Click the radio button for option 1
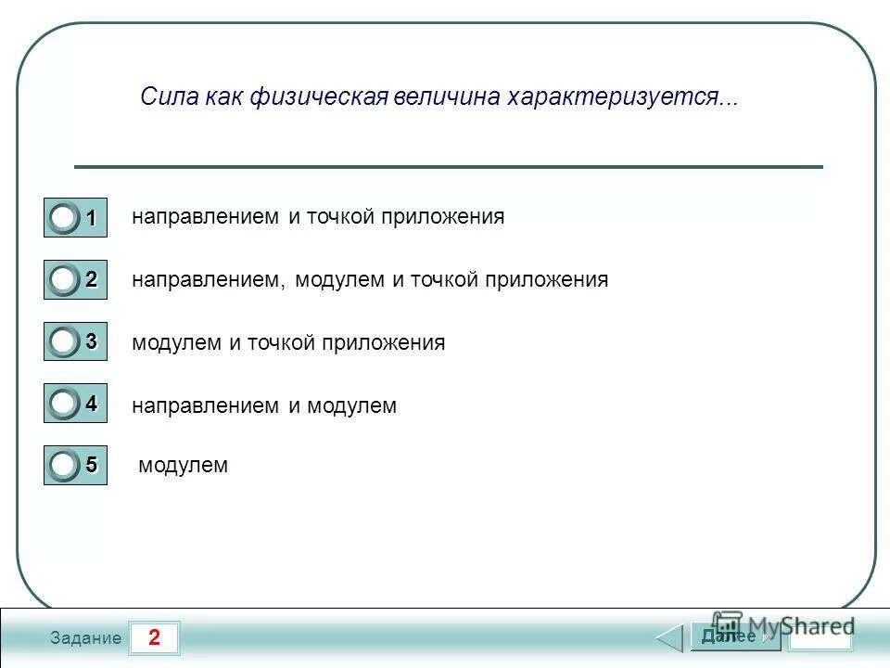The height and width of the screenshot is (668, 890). pos(64,219)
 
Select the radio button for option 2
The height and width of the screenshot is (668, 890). pos(64,280)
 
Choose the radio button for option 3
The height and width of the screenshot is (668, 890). pos(64,342)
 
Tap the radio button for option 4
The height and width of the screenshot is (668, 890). pos(64,405)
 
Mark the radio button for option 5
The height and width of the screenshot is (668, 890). pos(64,464)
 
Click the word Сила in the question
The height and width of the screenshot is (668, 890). pos(166,97)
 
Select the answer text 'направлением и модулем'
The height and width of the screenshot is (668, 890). pos(264,405)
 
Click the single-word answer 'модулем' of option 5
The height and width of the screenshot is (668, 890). pos(183,465)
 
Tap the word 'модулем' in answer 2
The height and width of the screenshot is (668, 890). pos(339,279)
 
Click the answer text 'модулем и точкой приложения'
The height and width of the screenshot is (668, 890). pos(288,342)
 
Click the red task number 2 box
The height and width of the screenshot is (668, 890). pos(153,637)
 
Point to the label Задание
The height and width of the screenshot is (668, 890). pos(85,638)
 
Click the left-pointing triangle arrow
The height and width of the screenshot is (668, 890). pos(669,638)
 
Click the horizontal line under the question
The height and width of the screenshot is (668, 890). pos(448,167)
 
